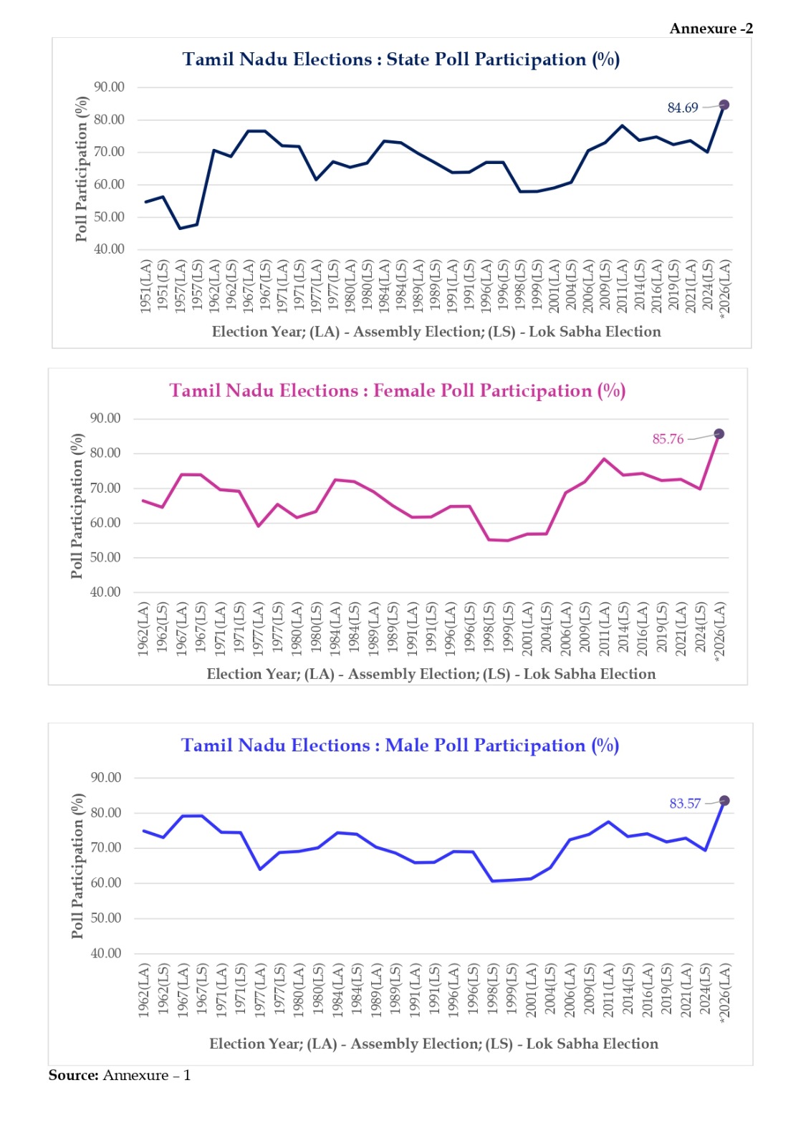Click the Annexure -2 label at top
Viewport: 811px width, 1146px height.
click(711, 29)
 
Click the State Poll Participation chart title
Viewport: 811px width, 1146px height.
click(400, 59)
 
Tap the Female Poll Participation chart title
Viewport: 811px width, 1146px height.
click(397, 391)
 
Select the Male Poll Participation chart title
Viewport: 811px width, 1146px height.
click(400, 746)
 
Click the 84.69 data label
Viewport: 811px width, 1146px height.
click(682, 108)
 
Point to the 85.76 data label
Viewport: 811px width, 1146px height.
click(668, 439)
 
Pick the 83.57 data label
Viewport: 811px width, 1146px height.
click(685, 804)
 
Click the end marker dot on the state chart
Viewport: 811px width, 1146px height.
click(724, 105)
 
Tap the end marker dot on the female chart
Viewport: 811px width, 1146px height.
click(719, 434)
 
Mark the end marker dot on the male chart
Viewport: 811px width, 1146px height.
click(724, 801)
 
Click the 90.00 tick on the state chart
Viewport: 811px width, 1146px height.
click(109, 87)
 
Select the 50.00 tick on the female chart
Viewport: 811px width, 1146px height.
click(105, 557)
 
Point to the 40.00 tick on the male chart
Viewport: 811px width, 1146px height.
click(106, 953)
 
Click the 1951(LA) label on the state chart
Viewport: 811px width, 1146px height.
click(146, 286)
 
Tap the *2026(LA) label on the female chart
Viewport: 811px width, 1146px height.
click(720, 630)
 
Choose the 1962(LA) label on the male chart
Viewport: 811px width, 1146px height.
click(144, 991)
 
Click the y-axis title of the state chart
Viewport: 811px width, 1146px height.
click(81, 169)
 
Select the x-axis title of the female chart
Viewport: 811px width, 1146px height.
click(431, 674)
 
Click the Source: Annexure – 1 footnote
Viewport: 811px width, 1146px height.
click(120, 1075)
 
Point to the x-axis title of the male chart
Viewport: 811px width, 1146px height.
click(433, 1044)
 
